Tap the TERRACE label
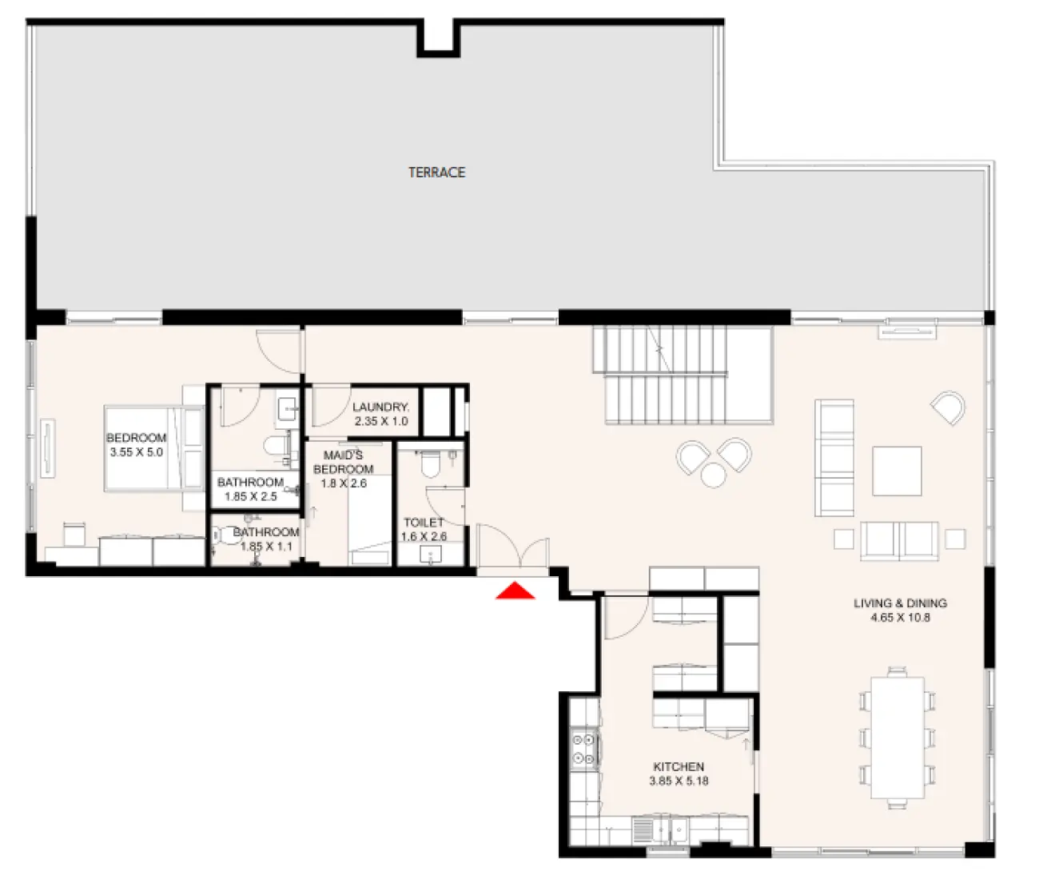[436, 172]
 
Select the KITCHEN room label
[679, 766]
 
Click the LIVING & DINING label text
[900, 603]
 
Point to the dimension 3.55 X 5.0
[136, 452]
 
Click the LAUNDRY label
[380, 407]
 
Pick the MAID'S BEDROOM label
[344, 462]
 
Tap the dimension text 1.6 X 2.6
[424, 536]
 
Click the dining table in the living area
[898, 738]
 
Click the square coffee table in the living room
[897, 471]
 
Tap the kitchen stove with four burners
[583, 750]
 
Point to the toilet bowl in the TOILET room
[430, 463]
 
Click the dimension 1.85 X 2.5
[250, 496]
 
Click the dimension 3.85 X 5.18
[679, 781]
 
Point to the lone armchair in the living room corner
[949, 408]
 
